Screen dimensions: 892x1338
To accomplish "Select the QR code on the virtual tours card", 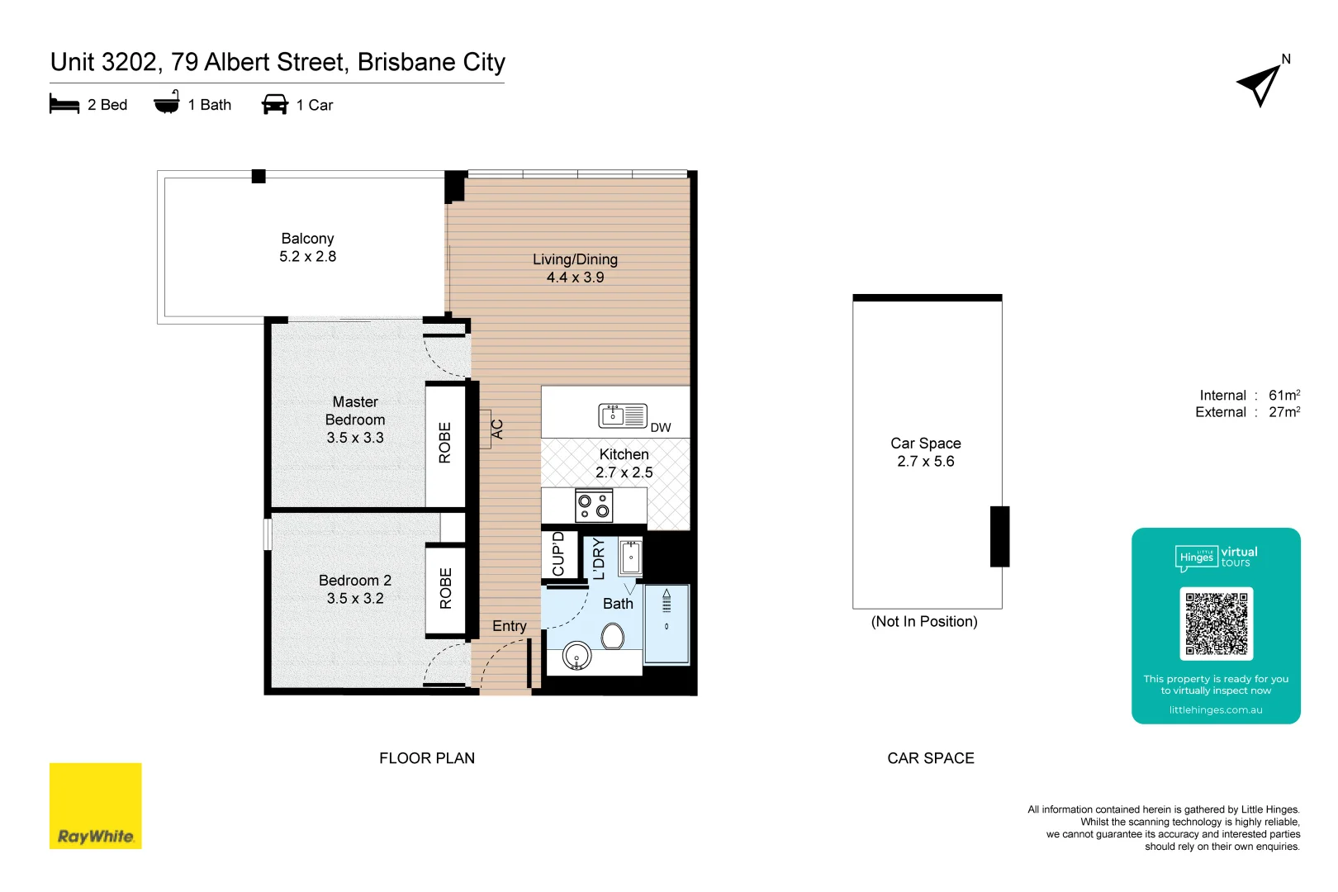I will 1216,623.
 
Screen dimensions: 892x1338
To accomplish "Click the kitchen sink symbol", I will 623,415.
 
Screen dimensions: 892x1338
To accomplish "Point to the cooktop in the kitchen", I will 594,505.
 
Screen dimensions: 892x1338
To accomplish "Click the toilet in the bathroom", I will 612,636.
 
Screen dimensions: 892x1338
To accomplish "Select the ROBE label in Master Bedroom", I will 445,444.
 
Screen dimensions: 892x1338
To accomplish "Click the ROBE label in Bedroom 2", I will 446,589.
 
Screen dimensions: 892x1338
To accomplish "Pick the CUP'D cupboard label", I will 558,554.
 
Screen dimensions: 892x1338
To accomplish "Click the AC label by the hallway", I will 497,429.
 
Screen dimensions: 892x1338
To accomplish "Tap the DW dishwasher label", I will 661,428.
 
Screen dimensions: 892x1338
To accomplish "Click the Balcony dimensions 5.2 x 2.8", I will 307,257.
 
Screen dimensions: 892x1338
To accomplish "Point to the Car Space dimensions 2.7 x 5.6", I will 925,462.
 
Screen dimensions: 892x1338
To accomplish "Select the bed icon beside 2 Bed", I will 64,104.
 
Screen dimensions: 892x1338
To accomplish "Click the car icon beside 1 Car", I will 274,105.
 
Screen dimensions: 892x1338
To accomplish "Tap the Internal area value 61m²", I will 1284,396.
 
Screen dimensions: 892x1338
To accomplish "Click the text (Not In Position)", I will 924,622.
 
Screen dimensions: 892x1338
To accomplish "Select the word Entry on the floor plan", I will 509,626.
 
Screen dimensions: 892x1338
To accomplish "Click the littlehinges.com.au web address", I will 1215,710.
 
